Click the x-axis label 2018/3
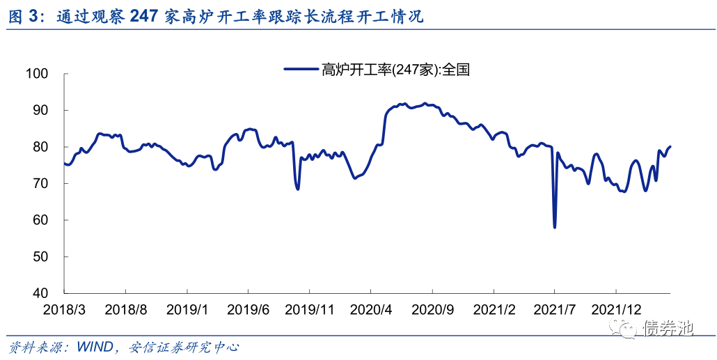[x=64, y=308]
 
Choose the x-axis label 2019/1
[x=187, y=308]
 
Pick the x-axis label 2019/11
[x=310, y=308]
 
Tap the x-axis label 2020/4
[x=371, y=308]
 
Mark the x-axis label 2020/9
[x=432, y=308]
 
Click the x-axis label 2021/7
[x=555, y=308]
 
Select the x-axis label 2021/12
[x=617, y=308]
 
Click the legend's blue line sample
[x=301, y=68]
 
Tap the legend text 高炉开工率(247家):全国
[x=396, y=68]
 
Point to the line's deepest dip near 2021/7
[x=555, y=227]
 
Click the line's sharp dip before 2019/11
[x=298, y=189]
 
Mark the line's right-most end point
[x=670, y=146]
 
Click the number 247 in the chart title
[x=145, y=17]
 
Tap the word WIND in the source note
[x=96, y=346]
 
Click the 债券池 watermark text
[x=668, y=327]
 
